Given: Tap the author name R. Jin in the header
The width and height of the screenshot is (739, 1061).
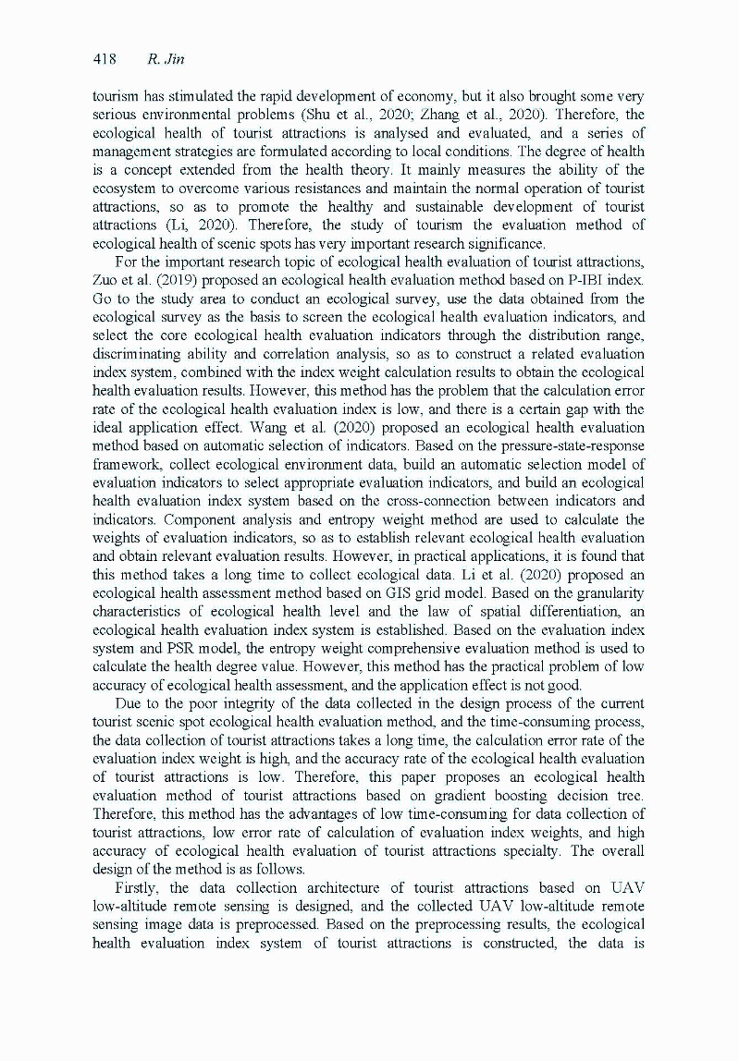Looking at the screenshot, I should [x=166, y=59].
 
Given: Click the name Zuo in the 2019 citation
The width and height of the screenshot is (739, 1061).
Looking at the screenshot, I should [x=107, y=280].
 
